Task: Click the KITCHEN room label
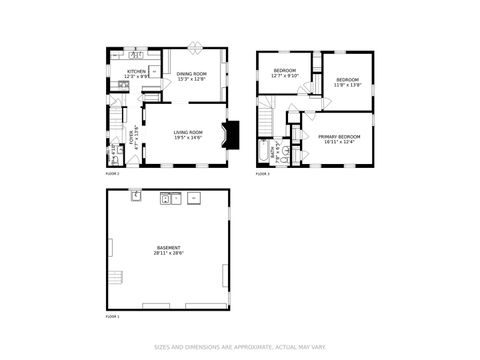tap(136, 71)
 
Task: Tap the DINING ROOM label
tap(191, 73)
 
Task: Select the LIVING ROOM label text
tap(188, 131)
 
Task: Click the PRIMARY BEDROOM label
tap(339, 136)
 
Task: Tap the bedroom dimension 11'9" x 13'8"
tap(346, 85)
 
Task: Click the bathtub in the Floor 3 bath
tap(267, 153)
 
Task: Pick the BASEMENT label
tap(167, 247)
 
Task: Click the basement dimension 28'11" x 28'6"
tap(167, 253)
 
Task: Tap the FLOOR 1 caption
tap(113, 316)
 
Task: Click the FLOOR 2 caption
tap(113, 174)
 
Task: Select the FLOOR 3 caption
tap(262, 174)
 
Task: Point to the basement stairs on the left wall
tap(115, 277)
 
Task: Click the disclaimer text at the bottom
tap(239, 348)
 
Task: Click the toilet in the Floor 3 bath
tap(284, 155)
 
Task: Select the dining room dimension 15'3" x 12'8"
tap(191, 79)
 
